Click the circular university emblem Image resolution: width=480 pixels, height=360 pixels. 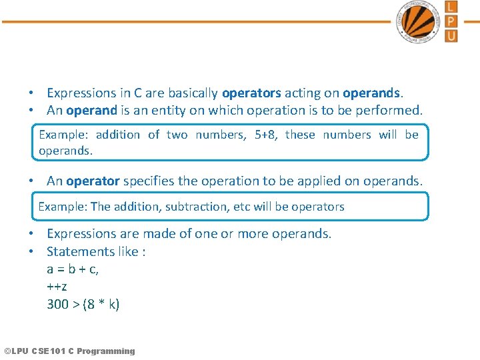(419, 21)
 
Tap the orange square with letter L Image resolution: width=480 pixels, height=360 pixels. (451, 7)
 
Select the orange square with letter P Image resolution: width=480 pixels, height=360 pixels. (451, 21)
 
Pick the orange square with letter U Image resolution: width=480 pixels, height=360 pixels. (451, 35)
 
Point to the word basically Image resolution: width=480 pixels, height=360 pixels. (193, 93)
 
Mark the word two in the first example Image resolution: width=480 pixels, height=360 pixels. (177, 135)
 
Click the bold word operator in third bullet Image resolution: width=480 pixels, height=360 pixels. (93, 181)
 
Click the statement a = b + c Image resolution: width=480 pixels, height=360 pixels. (73, 269)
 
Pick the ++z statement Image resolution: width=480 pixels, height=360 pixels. (57, 287)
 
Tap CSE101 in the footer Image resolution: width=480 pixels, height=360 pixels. (52, 351)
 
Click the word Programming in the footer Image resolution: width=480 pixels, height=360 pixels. (106, 351)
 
